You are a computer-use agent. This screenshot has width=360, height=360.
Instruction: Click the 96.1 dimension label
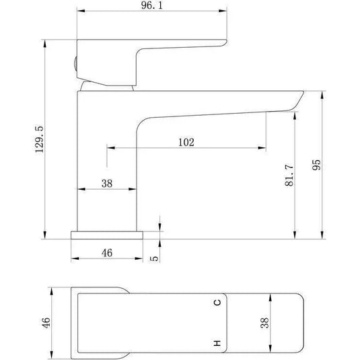click(152, 5)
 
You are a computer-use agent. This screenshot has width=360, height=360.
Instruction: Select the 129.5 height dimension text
click(39, 139)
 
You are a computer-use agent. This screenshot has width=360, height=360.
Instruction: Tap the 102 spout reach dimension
click(186, 142)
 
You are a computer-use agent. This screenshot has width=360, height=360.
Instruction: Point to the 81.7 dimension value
click(289, 175)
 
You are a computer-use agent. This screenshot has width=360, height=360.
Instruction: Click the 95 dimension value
click(316, 165)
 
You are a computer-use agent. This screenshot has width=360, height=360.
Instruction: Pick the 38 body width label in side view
click(107, 184)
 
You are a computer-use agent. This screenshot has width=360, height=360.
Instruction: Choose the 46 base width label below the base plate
click(107, 253)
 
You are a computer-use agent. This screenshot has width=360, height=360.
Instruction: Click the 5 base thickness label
click(154, 258)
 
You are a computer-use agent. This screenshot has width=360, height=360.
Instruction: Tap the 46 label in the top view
click(46, 322)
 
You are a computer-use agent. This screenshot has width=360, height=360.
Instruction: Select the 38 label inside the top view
click(264, 323)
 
